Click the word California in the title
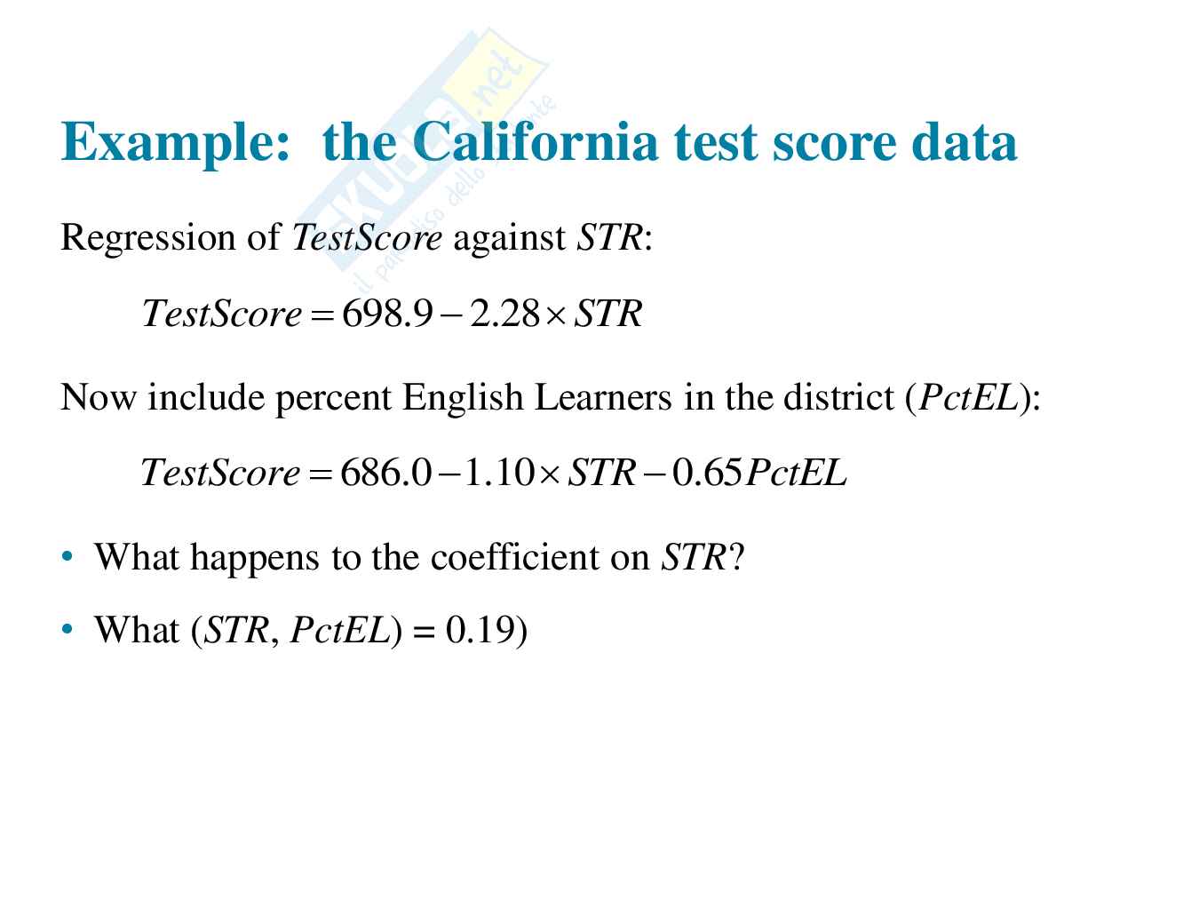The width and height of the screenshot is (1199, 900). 535,141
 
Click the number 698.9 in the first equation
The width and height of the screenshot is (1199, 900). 387,314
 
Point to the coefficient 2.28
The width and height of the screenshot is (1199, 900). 504,314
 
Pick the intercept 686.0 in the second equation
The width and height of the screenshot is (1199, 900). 385,472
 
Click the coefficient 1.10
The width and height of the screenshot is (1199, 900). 498,472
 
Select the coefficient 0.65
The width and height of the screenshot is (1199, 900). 707,472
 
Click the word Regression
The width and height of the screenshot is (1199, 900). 147,239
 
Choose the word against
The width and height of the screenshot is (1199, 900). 509,239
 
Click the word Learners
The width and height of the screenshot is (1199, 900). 603,397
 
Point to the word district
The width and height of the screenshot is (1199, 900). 838,397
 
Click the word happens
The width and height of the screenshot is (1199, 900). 255,559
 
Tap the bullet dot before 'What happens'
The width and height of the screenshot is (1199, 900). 67,557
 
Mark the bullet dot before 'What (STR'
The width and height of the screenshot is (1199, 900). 67,630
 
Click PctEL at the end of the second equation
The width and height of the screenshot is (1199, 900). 797,472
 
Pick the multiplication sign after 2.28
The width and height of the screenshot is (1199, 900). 556,316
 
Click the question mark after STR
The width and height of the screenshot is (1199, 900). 735,557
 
